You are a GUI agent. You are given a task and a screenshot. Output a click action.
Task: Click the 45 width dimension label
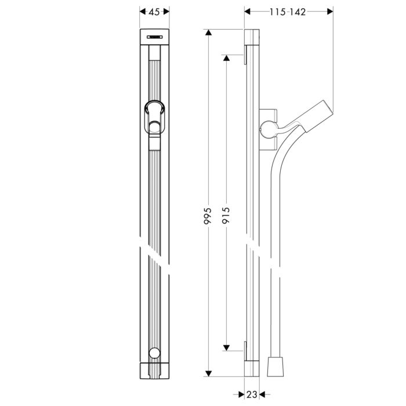(154, 12)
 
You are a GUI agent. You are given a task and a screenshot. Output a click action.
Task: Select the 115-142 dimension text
(288, 12)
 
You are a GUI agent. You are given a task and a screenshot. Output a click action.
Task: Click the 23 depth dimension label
(251, 394)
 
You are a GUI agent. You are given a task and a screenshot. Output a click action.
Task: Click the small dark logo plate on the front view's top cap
(154, 37)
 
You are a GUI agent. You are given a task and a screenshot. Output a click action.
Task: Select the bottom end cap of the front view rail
(154, 370)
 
